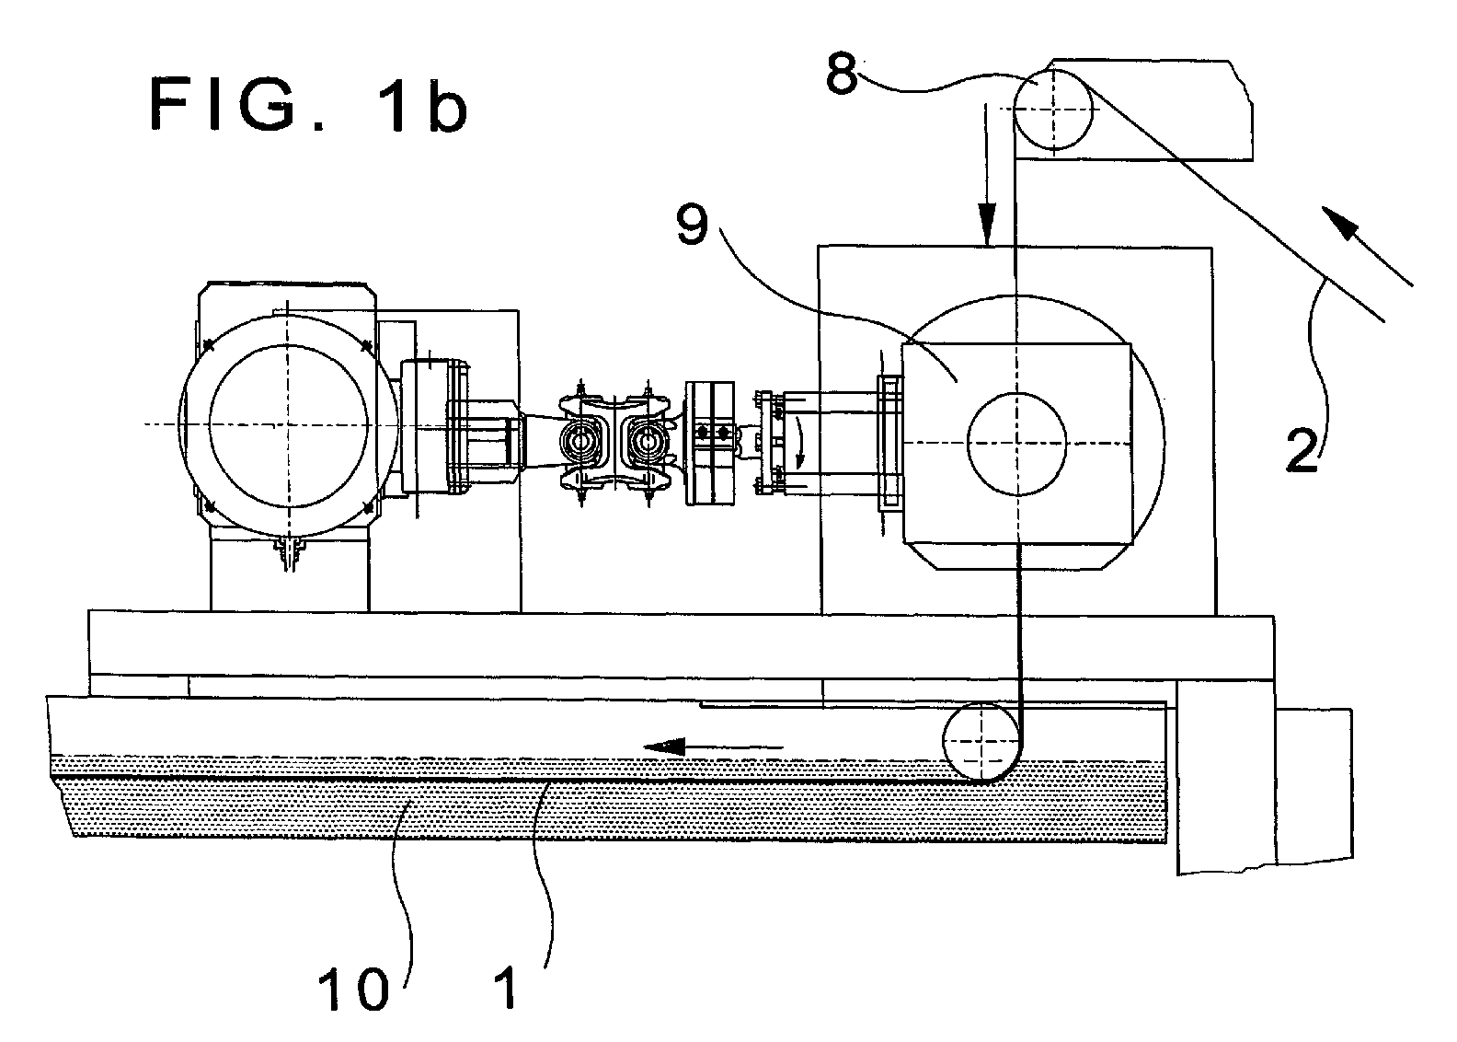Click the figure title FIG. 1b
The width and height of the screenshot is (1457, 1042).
click(308, 105)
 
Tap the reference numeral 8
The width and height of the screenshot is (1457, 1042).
click(843, 75)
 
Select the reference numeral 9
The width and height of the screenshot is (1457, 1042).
click(692, 224)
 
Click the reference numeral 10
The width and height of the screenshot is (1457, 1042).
click(353, 990)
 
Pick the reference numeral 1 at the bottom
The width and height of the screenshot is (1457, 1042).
click(507, 988)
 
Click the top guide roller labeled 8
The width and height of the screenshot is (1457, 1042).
click(1052, 110)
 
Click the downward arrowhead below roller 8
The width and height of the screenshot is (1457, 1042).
click(987, 223)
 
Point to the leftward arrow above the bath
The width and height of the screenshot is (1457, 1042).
click(713, 746)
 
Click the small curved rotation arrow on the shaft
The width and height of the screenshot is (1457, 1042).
click(799, 444)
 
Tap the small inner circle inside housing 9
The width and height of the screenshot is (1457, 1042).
click(1016, 444)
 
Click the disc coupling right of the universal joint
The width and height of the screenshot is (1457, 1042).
click(709, 444)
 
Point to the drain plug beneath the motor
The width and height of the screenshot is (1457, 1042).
click(290, 554)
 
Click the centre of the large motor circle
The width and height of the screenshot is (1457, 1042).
click(289, 425)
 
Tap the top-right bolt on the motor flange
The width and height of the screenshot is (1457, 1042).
click(366, 345)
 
